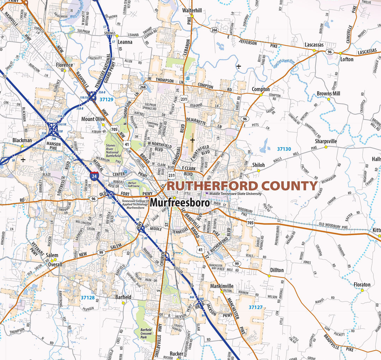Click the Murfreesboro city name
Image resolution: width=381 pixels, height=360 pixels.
(x=180, y=203)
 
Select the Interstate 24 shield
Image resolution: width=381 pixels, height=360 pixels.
(x=94, y=176)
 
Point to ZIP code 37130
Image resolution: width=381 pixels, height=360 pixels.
(x=284, y=149)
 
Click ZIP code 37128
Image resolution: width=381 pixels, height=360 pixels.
(x=87, y=298)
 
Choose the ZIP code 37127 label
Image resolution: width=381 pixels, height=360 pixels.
(x=255, y=307)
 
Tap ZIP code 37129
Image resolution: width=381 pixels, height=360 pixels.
(x=106, y=100)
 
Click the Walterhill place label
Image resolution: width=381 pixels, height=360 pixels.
(x=192, y=11)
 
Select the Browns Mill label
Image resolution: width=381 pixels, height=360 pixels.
(x=328, y=94)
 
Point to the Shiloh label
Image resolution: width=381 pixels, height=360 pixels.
(x=258, y=165)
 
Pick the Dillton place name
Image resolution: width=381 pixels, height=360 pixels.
(x=277, y=270)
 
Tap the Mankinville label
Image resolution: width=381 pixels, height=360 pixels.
(x=222, y=286)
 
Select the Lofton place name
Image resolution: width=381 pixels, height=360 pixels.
(x=347, y=59)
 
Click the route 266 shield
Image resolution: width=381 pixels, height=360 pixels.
(x=214, y=30)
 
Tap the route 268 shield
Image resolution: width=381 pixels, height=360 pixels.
(x=143, y=87)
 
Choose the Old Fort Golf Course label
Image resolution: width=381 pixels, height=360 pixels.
(x=134, y=184)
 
